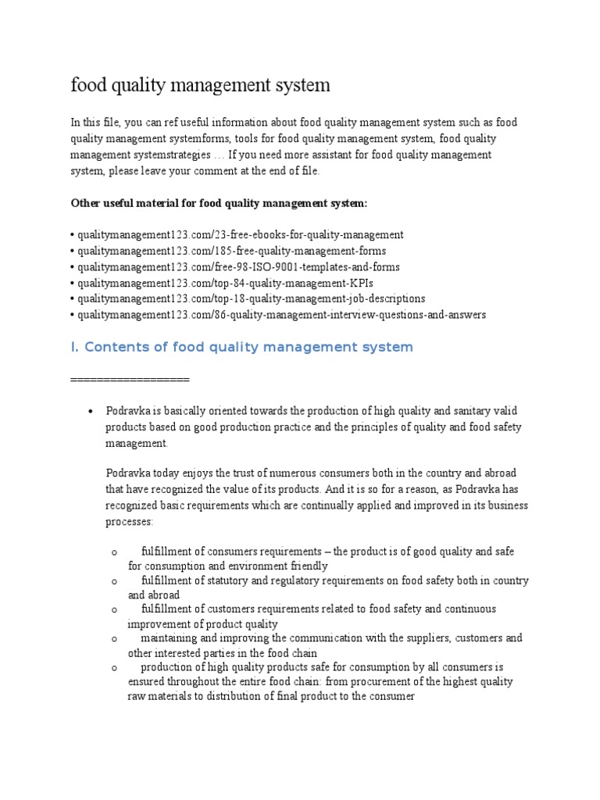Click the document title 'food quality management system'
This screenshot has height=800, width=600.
(200, 86)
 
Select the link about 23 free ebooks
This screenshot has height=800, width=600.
(237, 234)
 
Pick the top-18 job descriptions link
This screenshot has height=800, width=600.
(248, 298)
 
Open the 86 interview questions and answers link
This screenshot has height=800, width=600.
(278, 315)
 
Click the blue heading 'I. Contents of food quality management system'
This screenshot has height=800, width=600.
(241, 347)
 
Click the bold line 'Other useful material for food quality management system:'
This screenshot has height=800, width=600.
(219, 203)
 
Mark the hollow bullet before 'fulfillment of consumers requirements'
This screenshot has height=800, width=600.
(115, 552)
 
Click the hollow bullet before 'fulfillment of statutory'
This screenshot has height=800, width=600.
(115, 581)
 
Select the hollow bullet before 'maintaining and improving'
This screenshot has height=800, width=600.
(115, 639)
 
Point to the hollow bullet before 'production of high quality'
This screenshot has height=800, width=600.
(115, 668)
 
